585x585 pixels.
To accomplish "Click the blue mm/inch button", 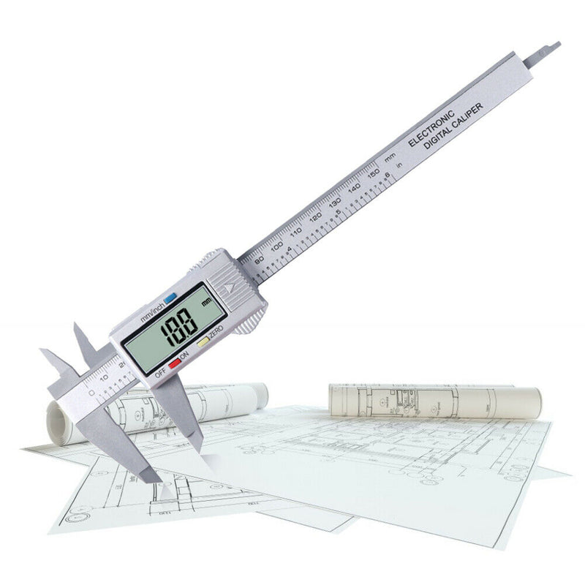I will click(170, 298).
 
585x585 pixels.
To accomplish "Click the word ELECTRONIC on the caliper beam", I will click(431, 129).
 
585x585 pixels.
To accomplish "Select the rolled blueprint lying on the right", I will click(434, 401).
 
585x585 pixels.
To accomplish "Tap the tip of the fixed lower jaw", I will click(156, 479).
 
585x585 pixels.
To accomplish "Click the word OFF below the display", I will click(160, 371).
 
